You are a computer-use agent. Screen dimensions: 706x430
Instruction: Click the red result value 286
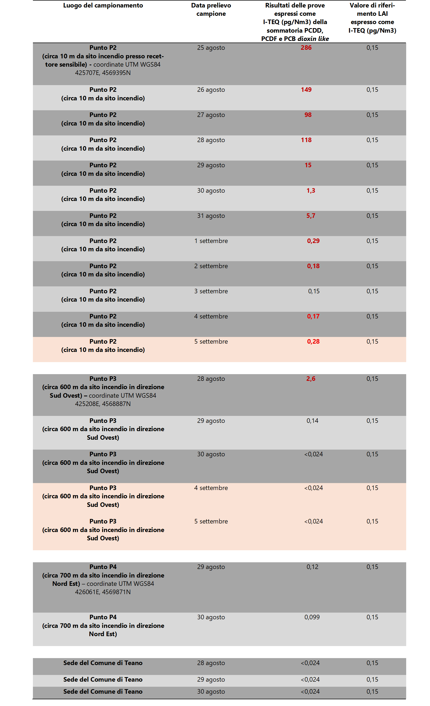pos(306,48)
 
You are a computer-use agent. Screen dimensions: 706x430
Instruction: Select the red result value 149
pos(306,90)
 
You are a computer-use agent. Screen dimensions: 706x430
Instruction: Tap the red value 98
pos(308,115)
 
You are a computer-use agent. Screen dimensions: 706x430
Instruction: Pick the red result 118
pos(306,140)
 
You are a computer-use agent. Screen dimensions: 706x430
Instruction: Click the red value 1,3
pos(311,191)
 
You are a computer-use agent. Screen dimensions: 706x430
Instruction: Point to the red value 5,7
pos(311,216)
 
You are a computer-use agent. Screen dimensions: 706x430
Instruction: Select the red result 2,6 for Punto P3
pos(311,379)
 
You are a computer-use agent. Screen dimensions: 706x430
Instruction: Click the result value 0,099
pos(312,617)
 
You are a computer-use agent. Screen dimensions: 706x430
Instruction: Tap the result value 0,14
pos(312,421)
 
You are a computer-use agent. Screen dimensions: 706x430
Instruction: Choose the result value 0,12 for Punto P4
pos(312,567)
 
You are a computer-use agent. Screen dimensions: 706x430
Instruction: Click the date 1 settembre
pos(211,241)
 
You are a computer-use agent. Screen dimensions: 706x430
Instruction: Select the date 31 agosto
pos(211,216)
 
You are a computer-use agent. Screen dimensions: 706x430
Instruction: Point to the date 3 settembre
pos(211,291)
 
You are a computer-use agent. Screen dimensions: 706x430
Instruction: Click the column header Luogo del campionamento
pos(103,5)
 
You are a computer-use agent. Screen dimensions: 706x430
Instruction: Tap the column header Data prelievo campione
pos(211,9)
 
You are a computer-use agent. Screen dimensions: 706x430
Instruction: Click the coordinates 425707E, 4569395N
pos(103,73)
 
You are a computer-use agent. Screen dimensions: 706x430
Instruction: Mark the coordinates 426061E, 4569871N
pos(103,592)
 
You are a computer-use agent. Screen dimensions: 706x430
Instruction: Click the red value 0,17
pos(313,316)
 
